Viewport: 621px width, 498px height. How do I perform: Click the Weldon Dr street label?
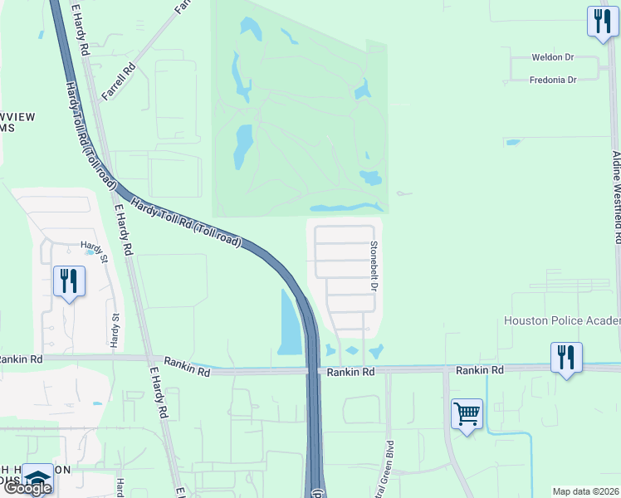553,58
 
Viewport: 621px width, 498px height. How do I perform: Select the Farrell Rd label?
118,83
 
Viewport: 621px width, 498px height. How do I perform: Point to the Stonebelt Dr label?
374,266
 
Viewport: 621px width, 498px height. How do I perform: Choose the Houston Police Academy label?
562,321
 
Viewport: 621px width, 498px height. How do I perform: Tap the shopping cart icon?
467,413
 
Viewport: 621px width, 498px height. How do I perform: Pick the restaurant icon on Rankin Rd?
566,358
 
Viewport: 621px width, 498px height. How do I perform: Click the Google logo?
27,488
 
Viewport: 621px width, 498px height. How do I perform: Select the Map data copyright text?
586,491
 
